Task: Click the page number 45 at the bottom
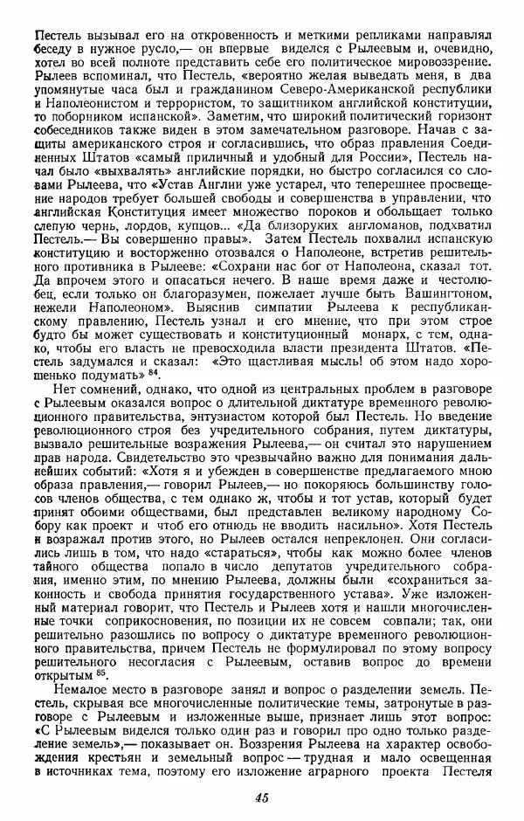(261, 797)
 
